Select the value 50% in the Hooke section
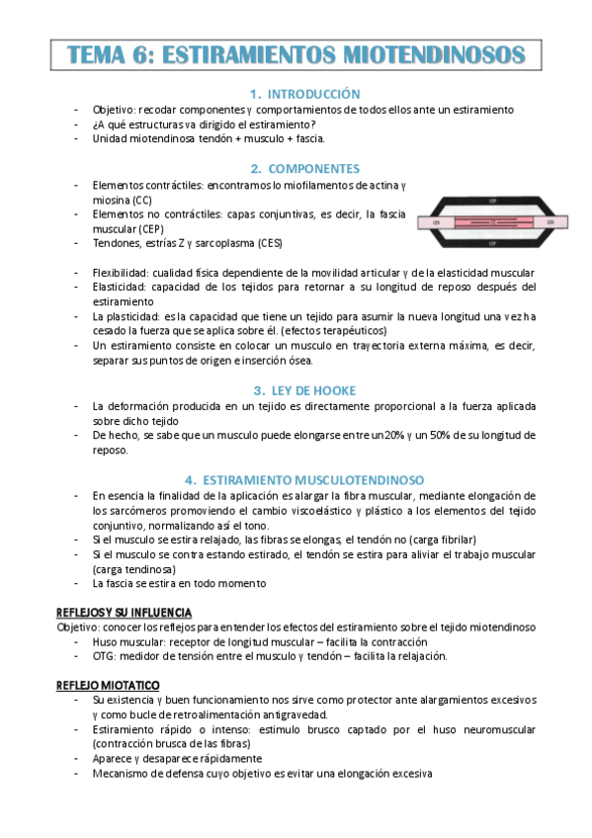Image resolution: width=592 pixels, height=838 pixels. (x=442, y=436)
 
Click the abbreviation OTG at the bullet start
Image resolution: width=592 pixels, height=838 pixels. (x=103, y=656)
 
